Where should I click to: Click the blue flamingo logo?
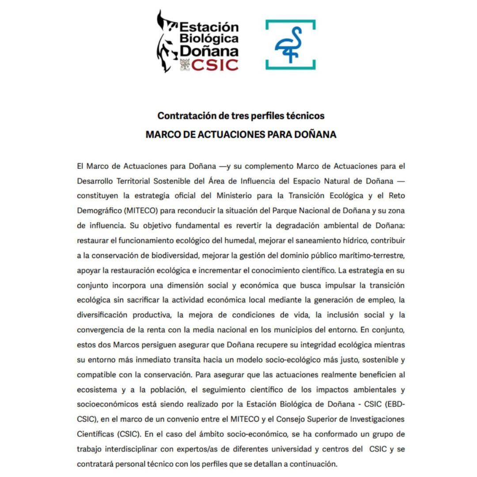291,45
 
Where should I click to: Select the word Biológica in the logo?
209,39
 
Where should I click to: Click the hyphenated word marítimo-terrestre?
367,256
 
